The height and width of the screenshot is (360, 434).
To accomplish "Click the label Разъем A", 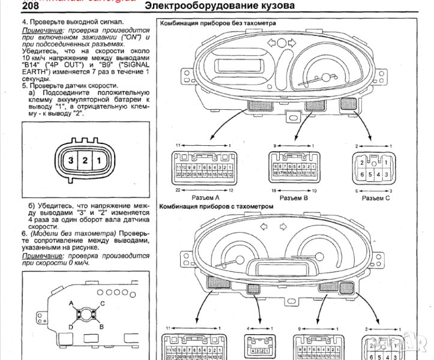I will (204, 197).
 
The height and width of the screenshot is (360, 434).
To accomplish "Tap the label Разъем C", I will (377, 197).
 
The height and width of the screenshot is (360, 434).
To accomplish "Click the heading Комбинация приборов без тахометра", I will (217, 23).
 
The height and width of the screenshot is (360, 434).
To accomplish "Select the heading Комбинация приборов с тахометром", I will (216, 206).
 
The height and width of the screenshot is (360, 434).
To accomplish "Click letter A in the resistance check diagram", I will (71, 303).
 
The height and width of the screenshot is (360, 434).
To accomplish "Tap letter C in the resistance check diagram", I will (102, 303).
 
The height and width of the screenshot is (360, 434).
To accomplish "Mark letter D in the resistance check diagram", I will (71, 326).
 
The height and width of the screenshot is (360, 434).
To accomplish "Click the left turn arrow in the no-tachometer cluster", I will (271, 43).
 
